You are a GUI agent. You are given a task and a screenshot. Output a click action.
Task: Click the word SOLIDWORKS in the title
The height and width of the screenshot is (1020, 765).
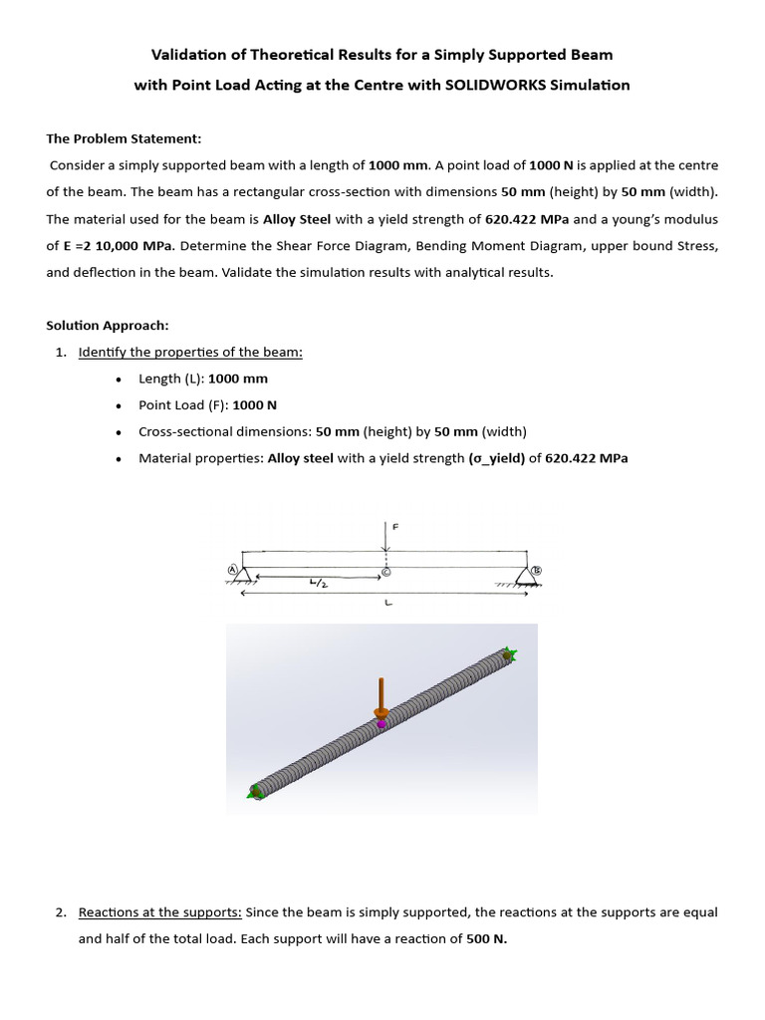pyautogui.click(x=520, y=85)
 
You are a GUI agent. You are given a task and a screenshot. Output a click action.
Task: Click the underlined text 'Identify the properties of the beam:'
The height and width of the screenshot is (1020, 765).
pyautogui.click(x=190, y=353)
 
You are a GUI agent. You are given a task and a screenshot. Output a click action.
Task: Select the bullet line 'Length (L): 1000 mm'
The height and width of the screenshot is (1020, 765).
pyautogui.click(x=203, y=379)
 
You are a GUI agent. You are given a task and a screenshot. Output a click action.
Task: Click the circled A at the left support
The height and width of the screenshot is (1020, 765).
pyautogui.click(x=233, y=569)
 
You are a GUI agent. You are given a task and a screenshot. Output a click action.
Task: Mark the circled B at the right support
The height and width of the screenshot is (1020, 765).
pyautogui.click(x=537, y=571)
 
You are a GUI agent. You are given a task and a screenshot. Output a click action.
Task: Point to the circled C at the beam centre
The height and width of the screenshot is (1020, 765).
pyautogui.click(x=386, y=572)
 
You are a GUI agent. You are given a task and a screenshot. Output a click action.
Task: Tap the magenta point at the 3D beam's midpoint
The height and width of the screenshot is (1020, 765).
pyautogui.click(x=381, y=724)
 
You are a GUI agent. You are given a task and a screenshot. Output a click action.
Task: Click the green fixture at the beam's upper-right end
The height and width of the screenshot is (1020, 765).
pyautogui.click(x=510, y=654)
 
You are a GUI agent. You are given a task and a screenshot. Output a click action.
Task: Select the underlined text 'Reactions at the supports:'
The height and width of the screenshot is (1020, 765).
pyautogui.click(x=159, y=912)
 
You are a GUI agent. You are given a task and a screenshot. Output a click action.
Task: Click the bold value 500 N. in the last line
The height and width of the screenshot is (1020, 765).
pyautogui.click(x=487, y=938)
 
